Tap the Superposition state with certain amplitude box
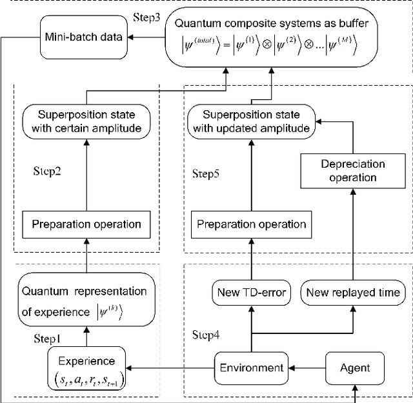click(87, 121)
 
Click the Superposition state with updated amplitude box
click(252, 121)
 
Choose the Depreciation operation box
click(352, 171)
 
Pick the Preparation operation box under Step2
click(87, 224)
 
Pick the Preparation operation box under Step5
click(252, 224)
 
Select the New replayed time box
click(352, 293)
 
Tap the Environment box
click(251, 368)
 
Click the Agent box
click(355, 368)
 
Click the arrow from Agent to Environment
click(307, 368)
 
